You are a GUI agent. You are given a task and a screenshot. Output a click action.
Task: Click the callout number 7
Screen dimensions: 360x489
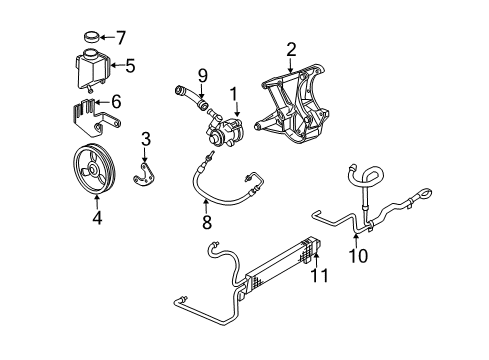pos(122,38)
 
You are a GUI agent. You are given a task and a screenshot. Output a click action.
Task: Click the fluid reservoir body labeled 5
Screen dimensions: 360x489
pos(93,69)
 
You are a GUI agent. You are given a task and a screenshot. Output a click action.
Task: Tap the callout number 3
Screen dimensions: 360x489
pos(145,138)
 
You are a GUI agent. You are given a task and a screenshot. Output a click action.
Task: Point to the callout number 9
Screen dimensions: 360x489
pos(202,73)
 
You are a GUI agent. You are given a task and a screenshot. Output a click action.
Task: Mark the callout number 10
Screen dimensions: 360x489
pos(358,256)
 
